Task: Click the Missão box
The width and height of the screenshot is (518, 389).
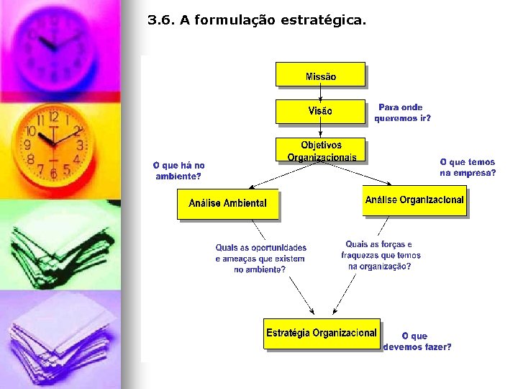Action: (x=320, y=75)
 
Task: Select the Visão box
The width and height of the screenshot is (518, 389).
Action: (x=320, y=111)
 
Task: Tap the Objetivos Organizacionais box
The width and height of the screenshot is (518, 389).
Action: (x=321, y=151)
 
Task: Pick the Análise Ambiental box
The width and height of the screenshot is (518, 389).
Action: (x=227, y=203)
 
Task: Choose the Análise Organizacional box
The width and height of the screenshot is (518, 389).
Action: (x=414, y=200)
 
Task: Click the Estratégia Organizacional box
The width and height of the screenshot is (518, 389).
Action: (x=321, y=334)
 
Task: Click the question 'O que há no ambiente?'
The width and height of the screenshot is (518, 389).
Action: (x=178, y=171)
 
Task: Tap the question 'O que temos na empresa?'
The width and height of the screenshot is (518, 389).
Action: (x=468, y=168)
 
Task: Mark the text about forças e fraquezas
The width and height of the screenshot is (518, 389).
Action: (x=380, y=255)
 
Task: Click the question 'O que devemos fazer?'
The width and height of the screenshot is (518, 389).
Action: (x=417, y=341)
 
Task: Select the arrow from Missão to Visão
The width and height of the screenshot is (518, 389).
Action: (x=320, y=93)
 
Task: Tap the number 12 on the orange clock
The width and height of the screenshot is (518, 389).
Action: (x=53, y=117)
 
